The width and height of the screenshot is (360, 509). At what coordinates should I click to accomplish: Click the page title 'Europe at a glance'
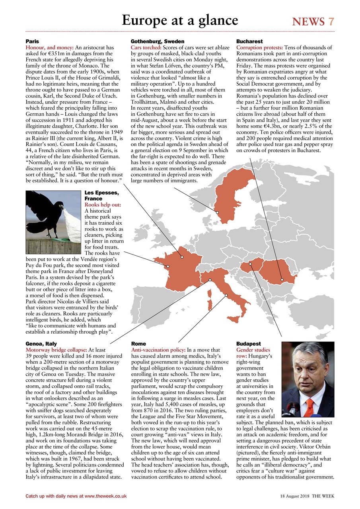pyautogui.click(x=180, y=20)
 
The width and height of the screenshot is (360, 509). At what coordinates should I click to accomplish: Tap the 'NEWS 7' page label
pyautogui.click(x=313, y=21)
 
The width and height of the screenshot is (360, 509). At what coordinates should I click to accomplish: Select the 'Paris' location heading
pyautogui.click(x=32, y=41)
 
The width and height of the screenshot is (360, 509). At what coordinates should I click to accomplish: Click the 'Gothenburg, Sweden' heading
pyautogui.click(x=158, y=41)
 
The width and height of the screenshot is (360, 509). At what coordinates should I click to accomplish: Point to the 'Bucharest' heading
pyautogui.click(x=249, y=41)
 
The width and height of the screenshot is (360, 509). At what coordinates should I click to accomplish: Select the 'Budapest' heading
pyautogui.click(x=249, y=344)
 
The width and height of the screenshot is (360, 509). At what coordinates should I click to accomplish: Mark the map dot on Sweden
pyautogui.click(x=218, y=212)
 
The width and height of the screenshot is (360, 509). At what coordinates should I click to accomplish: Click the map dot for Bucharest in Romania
pyautogui.click(x=282, y=280)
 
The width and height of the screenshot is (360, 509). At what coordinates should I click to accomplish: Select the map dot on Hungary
pyautogui.click(x=250, y=264)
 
